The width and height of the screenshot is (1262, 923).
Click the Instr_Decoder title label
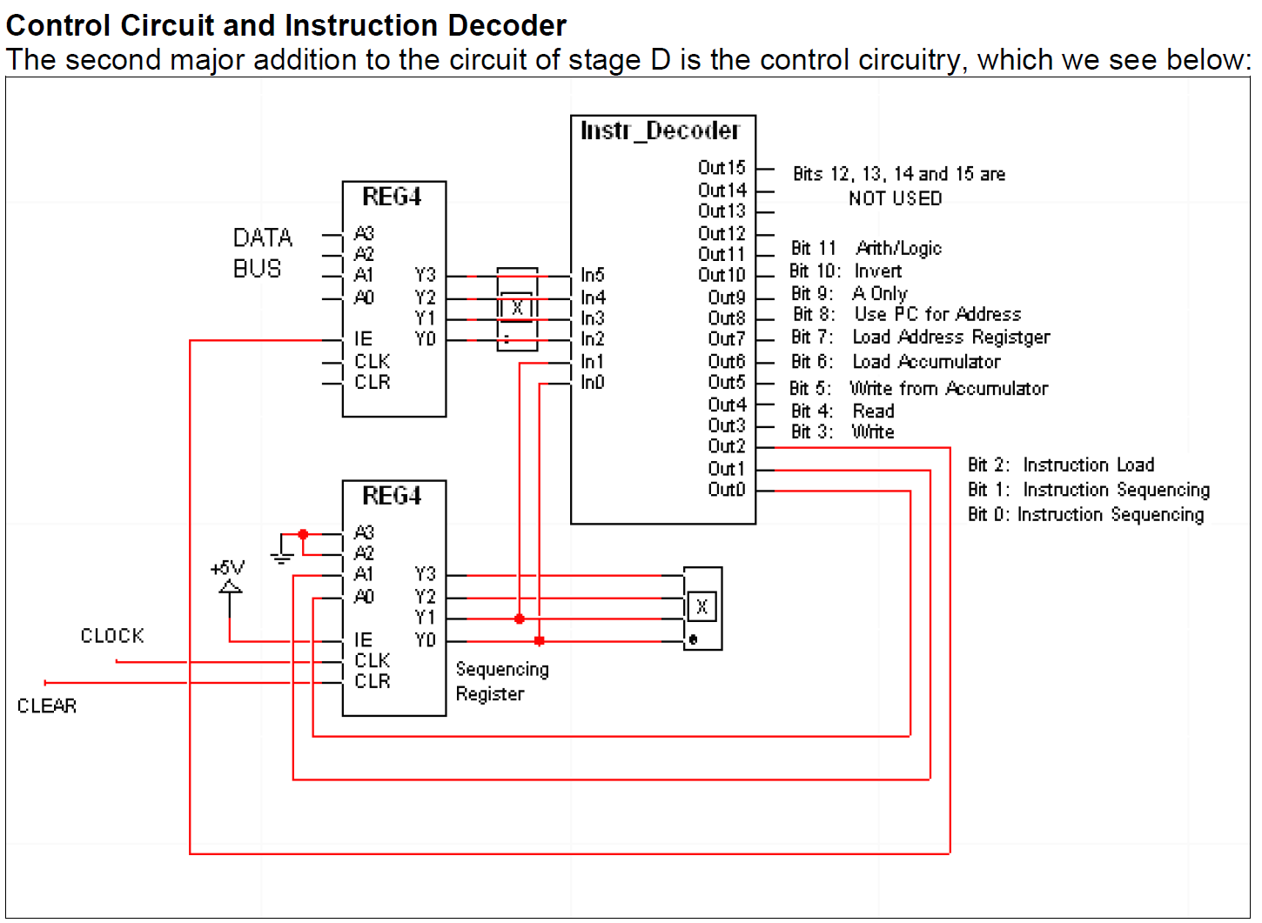pos(660,130)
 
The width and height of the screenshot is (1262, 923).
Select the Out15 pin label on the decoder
pos(722,167)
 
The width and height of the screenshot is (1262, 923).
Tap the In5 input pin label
pos(592,275)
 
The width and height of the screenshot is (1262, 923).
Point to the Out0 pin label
pos(726,489)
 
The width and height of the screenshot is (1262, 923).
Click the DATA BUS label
pos(261,253)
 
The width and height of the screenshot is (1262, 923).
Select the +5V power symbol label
pos(227,568)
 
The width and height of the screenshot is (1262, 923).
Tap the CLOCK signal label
pos(112,636)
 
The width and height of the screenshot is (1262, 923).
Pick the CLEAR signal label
pos(47,706)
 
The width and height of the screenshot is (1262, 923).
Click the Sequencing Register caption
pos(501,681)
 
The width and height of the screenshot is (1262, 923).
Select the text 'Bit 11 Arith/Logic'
pos(865,249)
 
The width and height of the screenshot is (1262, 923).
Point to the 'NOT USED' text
pos(895,198)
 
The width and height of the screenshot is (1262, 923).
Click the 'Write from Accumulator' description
pos(949,388)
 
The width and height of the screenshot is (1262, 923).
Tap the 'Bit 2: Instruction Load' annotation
pos(1060,465)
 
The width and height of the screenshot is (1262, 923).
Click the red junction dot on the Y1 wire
pos(520,619)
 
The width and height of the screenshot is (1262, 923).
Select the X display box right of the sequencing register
pos(702,607)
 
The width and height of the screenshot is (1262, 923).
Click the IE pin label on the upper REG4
pos(363,339)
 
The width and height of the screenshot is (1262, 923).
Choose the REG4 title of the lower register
pos(392,496)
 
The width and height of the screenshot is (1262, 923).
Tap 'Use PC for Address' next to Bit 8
pos(936,314)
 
